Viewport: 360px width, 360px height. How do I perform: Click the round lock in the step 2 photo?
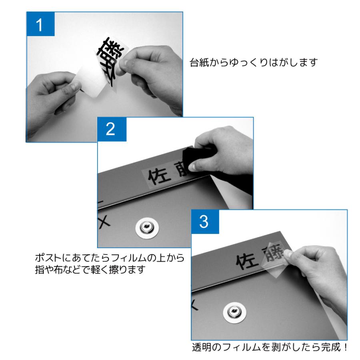147,228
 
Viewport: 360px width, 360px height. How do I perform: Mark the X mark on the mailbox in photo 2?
105,221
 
